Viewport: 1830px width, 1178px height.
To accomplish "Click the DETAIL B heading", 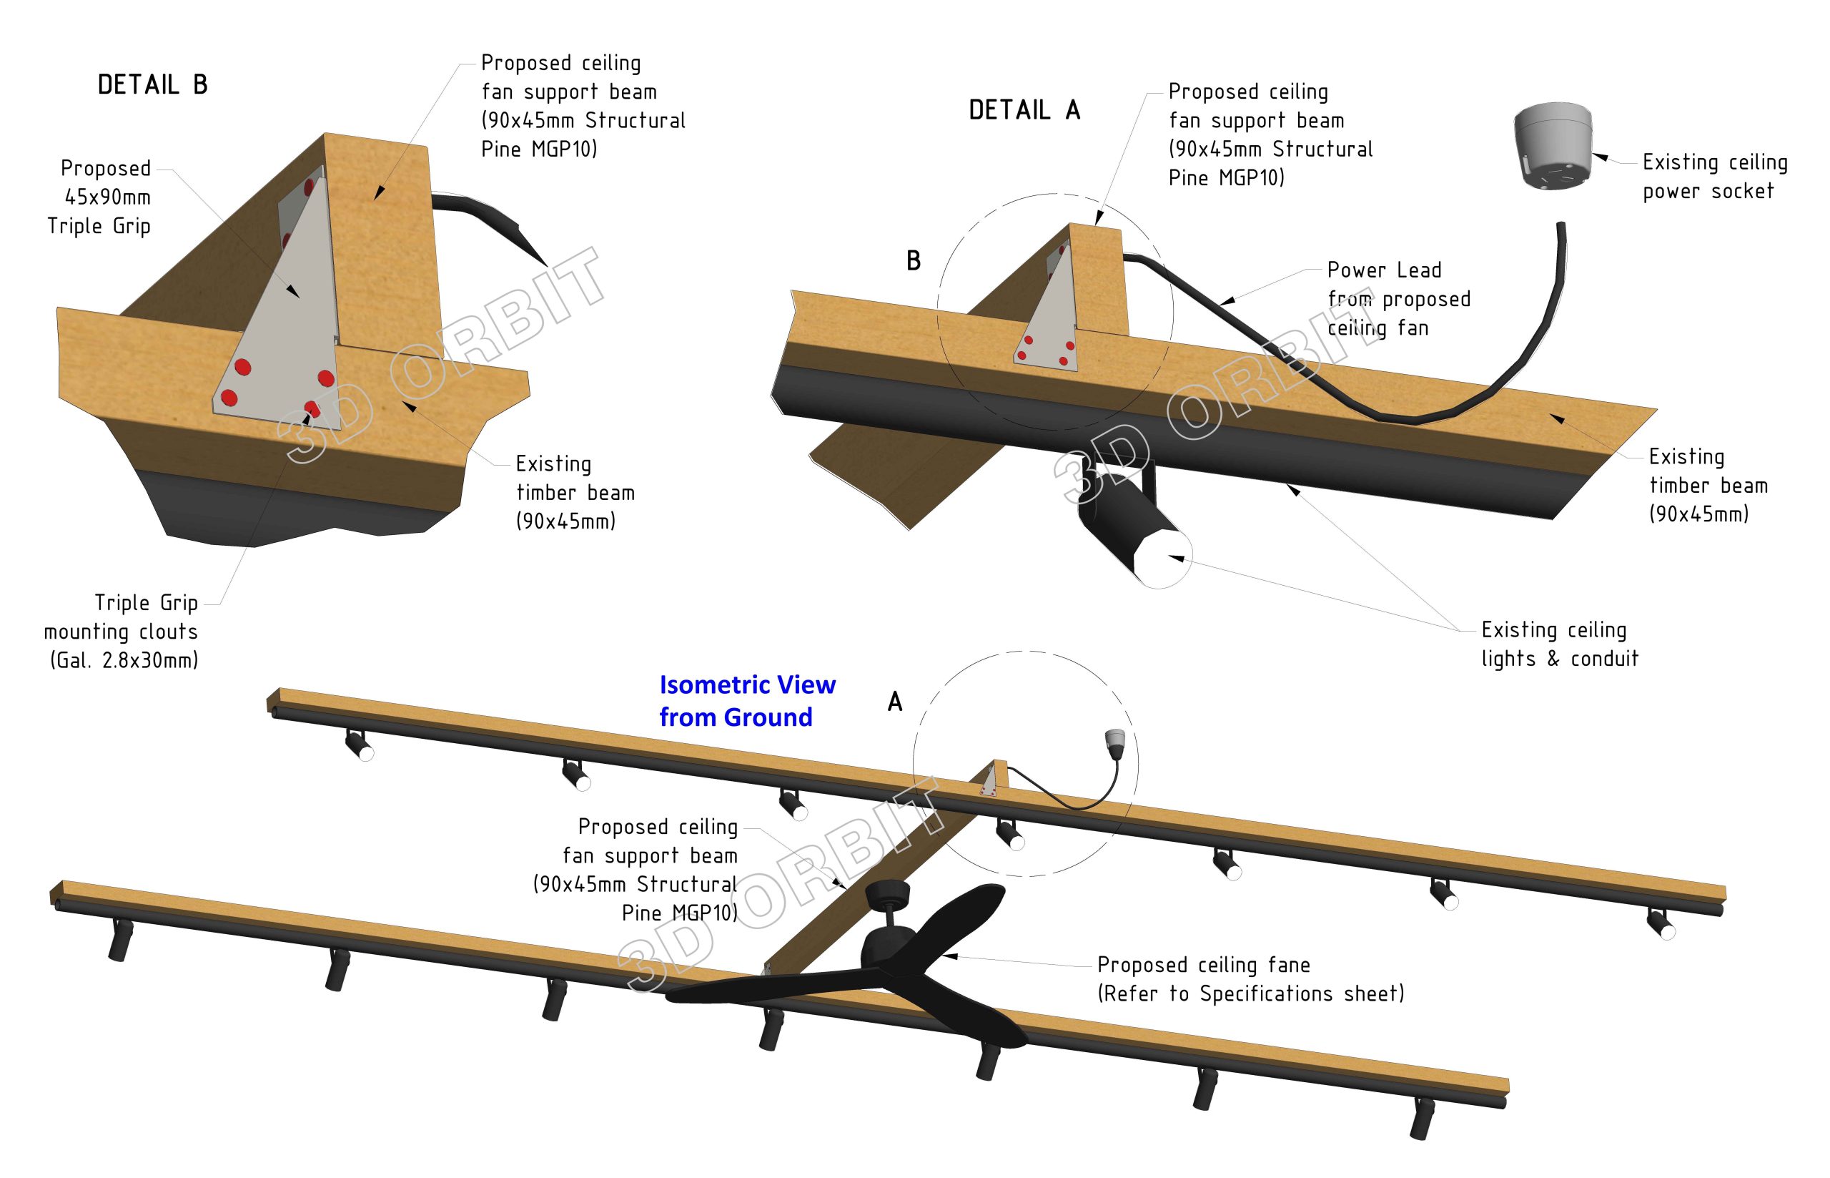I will click(152, 84).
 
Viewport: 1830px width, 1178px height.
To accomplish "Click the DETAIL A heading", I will click(1024, 110).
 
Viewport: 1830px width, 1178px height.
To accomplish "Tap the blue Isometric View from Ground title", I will click(746, 701).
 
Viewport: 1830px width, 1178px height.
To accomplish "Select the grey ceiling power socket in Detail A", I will click(1553, 156).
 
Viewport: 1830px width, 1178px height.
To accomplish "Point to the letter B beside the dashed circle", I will click(913, 261).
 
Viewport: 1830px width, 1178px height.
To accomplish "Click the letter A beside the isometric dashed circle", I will click(894, 702).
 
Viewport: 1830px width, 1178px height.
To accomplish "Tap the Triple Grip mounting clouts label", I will click(122, 631).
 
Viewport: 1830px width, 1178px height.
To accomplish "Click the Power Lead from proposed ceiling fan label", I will click(1398, 298).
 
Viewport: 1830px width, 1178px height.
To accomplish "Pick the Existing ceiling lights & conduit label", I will click(1558, 644).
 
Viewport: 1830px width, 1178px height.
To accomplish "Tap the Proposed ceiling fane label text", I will click(1203, 965).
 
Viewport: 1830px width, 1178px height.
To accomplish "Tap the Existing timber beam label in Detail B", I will click(574, 492).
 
